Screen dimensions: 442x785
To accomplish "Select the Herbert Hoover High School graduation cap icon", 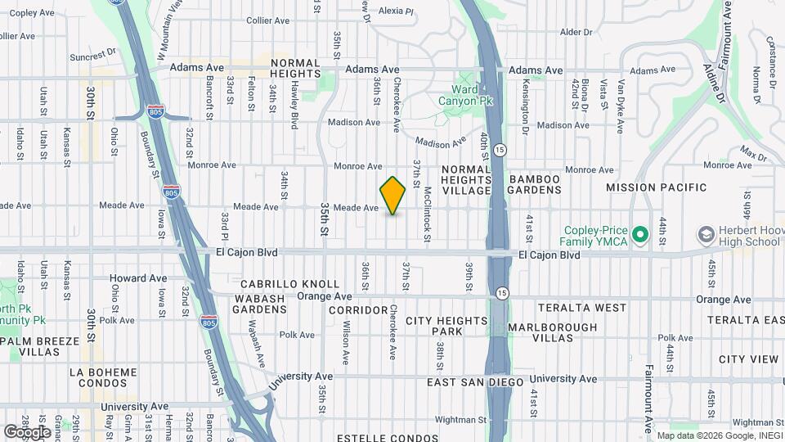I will click(x=705, y=236).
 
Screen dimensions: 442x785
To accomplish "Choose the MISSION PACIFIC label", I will click(x=656, y=187).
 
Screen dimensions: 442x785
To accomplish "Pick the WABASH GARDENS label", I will click(x=260, y=304).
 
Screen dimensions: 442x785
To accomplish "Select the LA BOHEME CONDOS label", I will click(x=104, y=379).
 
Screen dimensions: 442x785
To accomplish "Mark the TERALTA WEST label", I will click(x=582, y=308).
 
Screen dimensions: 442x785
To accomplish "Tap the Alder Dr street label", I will click(x=576, y=33).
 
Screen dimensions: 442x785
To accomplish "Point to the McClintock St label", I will click(x=427, y=214).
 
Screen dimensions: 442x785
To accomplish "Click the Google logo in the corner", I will click(x=27, y=431).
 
